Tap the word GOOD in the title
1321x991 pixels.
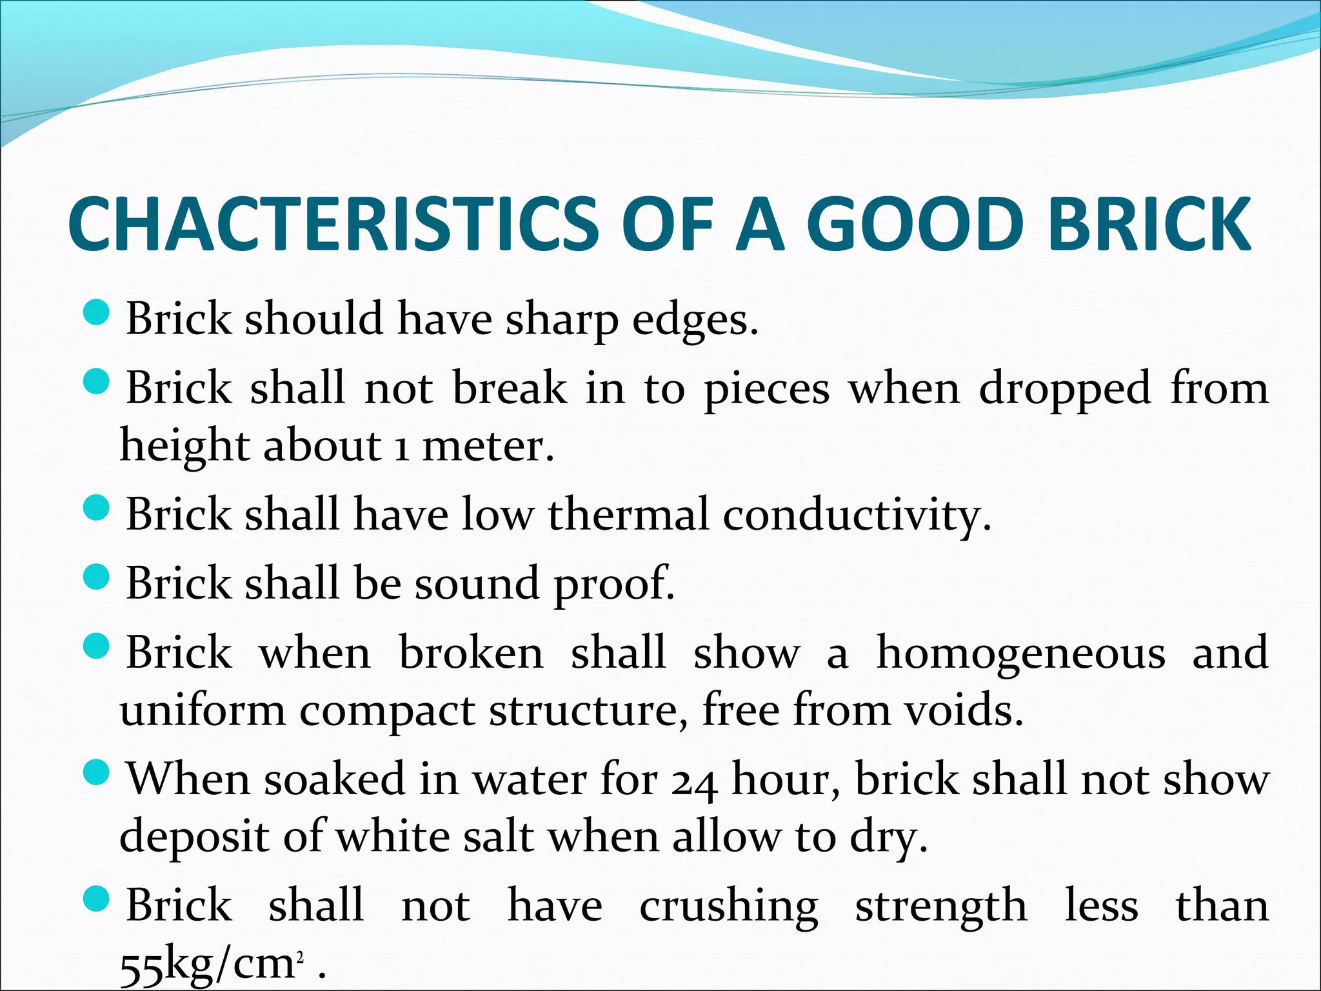915,223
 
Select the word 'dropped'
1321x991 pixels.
1065,390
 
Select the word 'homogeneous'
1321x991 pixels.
1020,654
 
